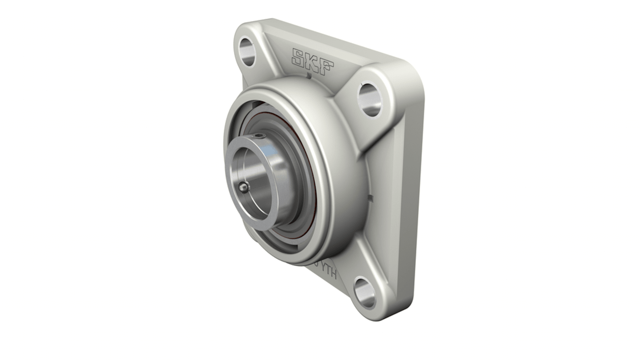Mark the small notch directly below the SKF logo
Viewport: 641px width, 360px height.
309,76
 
